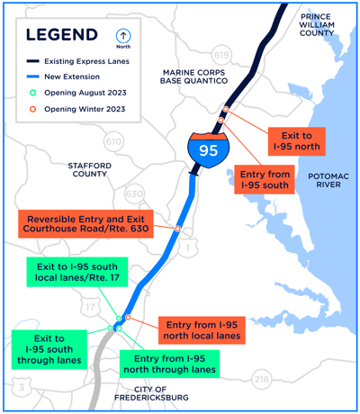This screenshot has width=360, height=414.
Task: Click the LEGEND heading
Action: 62,35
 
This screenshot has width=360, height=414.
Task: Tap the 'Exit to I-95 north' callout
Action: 291,139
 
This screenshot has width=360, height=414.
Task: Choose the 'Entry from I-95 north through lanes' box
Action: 167,363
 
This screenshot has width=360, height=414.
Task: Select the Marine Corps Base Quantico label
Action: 196,76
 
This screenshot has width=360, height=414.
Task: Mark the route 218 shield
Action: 261,380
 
